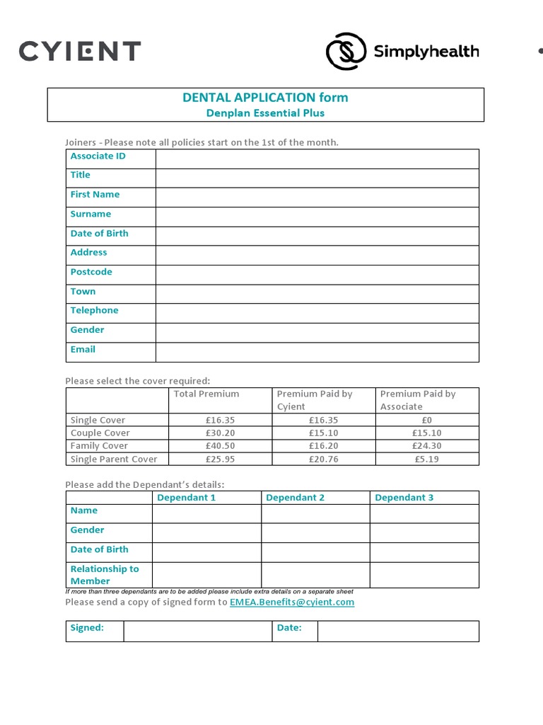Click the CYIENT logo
(80, 51)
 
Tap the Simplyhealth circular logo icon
(346, 52)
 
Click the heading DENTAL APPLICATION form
(265, 98)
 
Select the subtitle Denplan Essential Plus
(265, 113)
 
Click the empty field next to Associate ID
(317, 159)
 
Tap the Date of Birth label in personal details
(100, 233)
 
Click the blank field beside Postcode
(317, 275)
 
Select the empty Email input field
(317, 352)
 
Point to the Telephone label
(95, 310)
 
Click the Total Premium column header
(206, 394)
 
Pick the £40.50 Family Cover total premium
(220, 446)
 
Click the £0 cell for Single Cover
(426, 420)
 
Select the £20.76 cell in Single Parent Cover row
(323, 459)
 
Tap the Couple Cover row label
(100, 433)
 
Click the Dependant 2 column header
(295, 498)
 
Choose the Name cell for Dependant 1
(206, 513)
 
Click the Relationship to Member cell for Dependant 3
(424, 575)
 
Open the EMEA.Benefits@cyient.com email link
(291, 602)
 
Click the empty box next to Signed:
(198, 631)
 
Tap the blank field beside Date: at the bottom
(398, 631)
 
